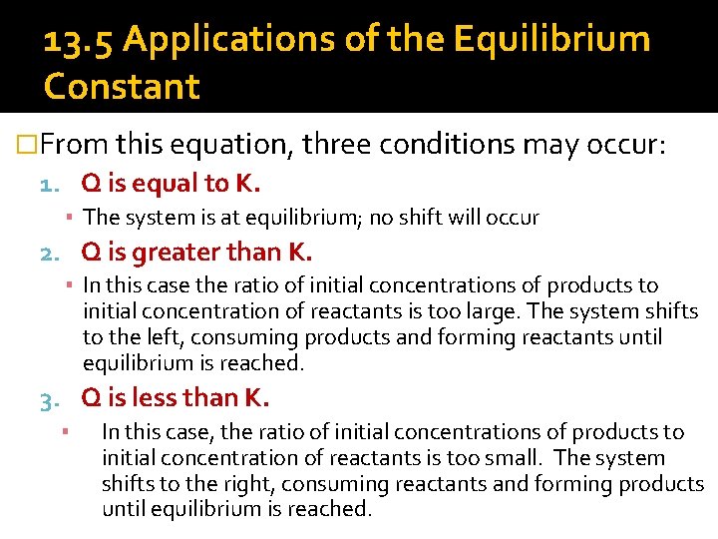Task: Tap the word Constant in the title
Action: point(122,87)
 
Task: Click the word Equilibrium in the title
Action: point(551,41)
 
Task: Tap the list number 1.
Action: point(49,185)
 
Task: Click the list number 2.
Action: point(49,252)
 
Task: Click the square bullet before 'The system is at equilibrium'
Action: point(73,218)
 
